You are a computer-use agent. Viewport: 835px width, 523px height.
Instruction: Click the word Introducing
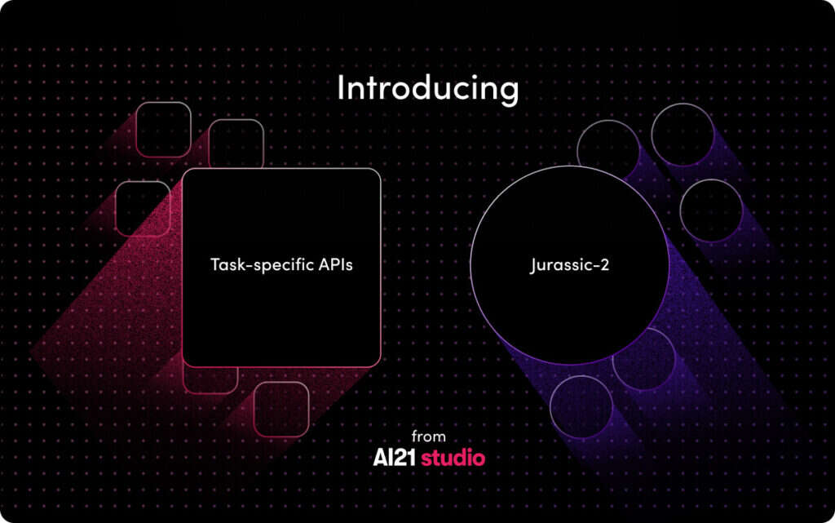(428, 88)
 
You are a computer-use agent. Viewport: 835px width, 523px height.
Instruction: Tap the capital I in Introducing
(341, 86)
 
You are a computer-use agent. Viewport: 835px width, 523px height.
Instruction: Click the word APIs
(336, 264)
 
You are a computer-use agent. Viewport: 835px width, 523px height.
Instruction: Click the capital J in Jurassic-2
(534, 265)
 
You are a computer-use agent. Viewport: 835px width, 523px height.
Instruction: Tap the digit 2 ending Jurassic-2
(603, 264)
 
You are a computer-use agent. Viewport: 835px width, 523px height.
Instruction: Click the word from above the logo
(429, 437)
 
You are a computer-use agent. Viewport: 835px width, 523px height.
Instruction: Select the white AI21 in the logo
(395, 458)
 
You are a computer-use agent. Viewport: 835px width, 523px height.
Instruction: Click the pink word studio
(453, 458)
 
